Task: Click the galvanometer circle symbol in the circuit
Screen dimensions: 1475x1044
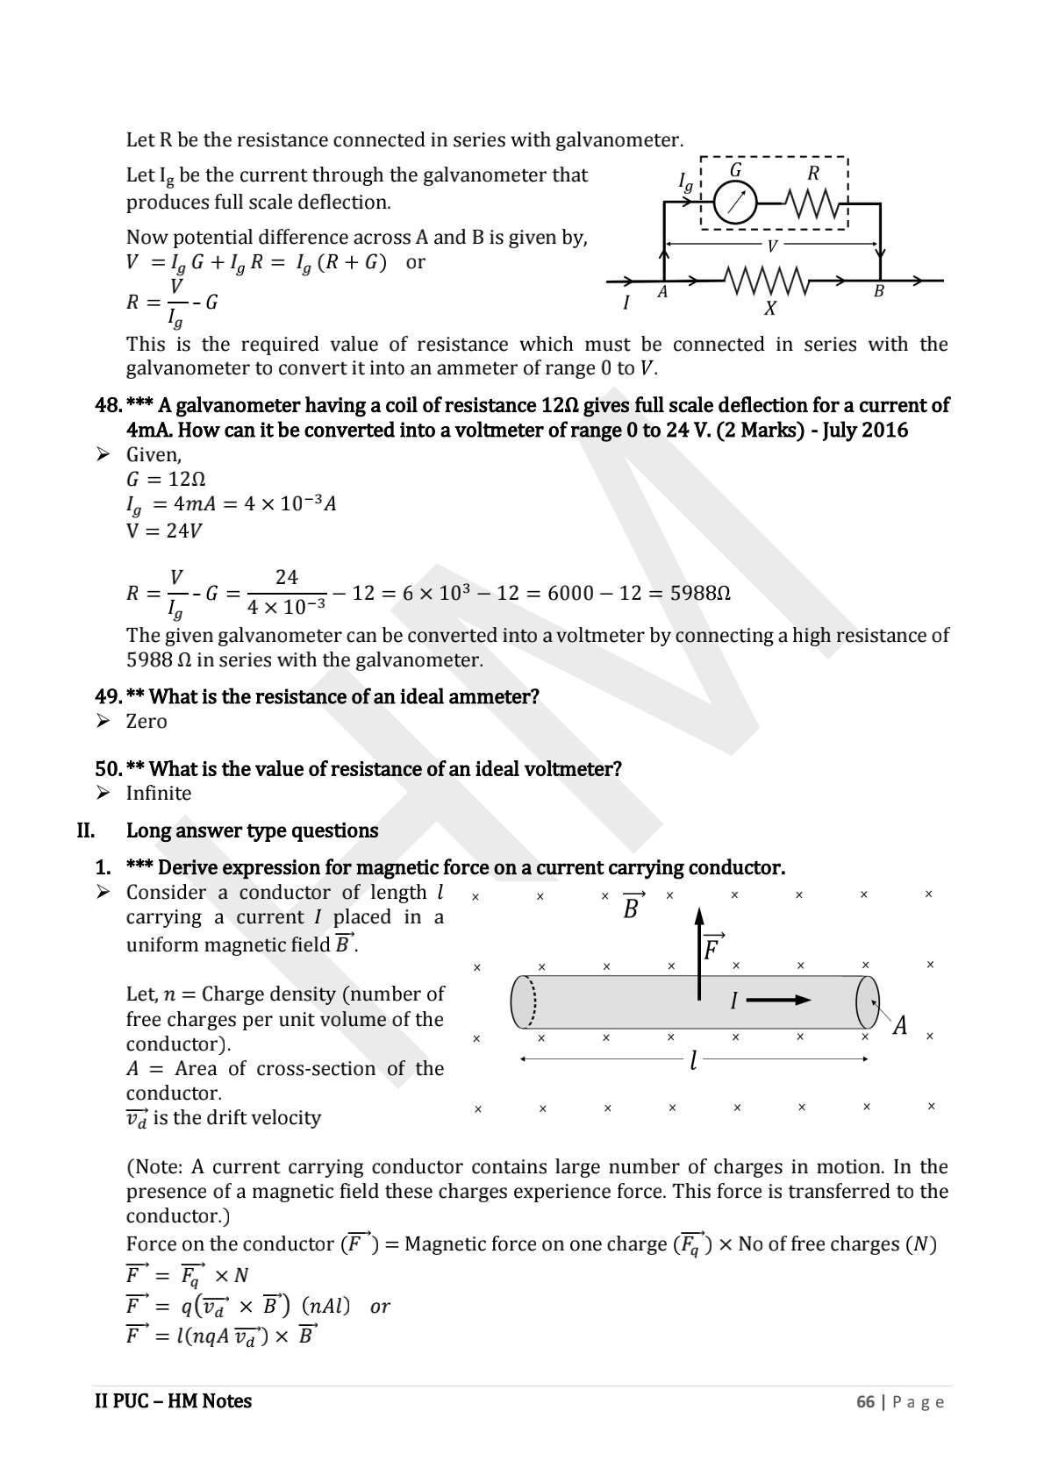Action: [x=734, y=203]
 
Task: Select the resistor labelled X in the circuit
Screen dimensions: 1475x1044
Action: [x=766, y=281]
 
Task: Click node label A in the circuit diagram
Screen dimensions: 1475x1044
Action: [x=662, y=293]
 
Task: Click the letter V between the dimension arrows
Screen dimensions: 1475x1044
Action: [x=772, y=246]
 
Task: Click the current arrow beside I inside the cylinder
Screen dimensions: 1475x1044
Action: [x=779, y=1000]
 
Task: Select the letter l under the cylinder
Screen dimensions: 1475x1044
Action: [x=693, y=1061]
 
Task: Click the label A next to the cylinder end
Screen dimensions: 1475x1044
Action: [x=899, y=1025]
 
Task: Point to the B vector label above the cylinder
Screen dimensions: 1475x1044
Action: [x=632, y=908]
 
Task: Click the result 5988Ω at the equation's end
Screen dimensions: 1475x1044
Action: [x=700, y=594]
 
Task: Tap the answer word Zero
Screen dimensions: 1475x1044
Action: [x=147, y=722]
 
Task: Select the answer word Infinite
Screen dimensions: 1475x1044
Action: [x=159, y=794]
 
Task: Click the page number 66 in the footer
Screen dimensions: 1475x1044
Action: [x=865, y=1401]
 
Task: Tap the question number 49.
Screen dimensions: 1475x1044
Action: [x=107, y=697]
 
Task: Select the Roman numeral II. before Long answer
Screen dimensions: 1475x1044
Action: [x=86, y=830]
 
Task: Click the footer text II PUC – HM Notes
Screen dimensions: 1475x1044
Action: [x=173, y=1401]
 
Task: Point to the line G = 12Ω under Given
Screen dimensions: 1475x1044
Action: [x=166, y=480]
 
